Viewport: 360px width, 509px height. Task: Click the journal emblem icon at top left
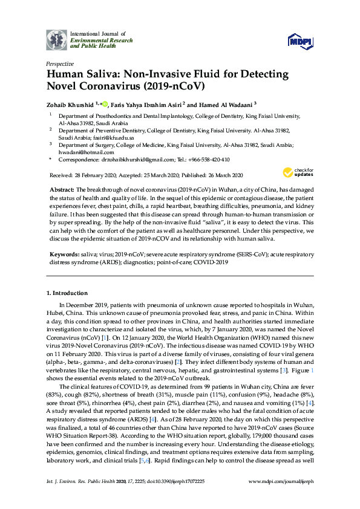(56, 39)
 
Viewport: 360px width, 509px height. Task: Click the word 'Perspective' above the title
(60, 63)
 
